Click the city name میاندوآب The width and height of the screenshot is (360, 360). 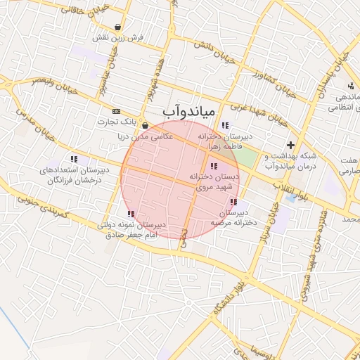[x=188, y=111]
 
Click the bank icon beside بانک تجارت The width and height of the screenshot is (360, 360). [x=116, y=111]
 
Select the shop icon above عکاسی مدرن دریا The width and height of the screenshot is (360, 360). [x=145, y=125]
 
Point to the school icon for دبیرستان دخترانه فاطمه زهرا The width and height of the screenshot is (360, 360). [x=224, y=125]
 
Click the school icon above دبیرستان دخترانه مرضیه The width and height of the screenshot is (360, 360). [x=233, y=202]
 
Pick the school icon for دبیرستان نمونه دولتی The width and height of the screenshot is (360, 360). [x=130, y=214]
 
